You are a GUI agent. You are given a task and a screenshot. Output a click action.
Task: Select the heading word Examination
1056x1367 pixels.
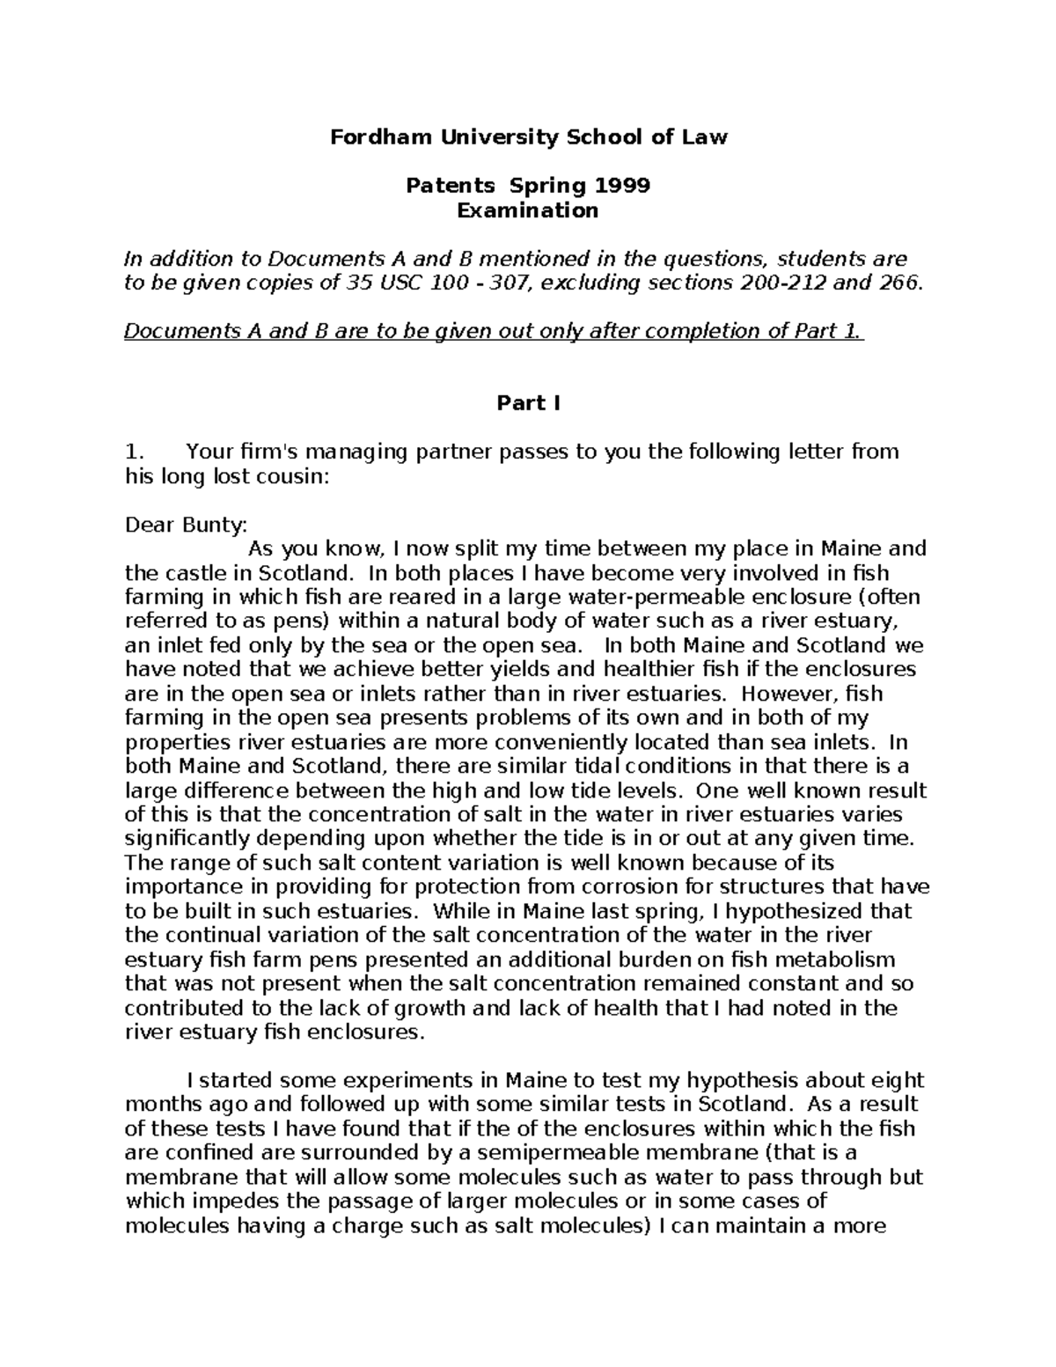[528, 210]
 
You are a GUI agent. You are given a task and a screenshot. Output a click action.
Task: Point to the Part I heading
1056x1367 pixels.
[528, 403]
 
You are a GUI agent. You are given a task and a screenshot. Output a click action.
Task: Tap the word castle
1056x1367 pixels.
[186, 573]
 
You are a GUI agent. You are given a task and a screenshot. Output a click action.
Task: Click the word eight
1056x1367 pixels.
[899, 1080]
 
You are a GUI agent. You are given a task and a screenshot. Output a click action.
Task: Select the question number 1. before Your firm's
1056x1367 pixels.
[134, 452]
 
